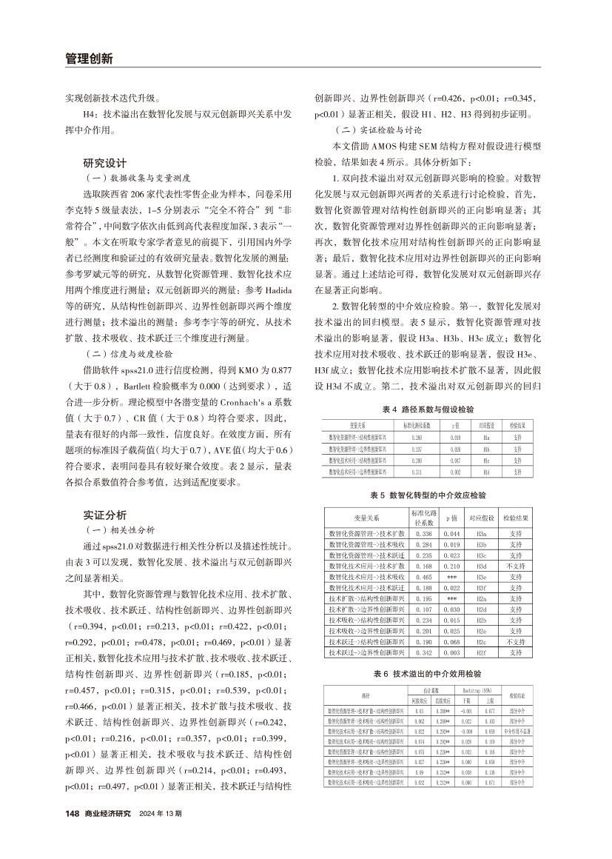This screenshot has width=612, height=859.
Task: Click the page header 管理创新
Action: click(x=88, y=59)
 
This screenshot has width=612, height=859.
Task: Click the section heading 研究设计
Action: click(x=105, y=162)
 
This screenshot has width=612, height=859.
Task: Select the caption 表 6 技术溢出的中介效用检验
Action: click(x=428, y=673)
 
